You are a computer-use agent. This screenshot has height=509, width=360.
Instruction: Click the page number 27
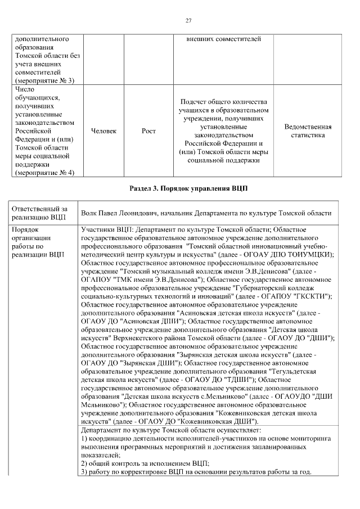(x=189, y=21)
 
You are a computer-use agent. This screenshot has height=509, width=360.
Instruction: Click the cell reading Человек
(x=103, y=131)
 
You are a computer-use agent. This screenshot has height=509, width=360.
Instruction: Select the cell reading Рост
(x=148, y=131)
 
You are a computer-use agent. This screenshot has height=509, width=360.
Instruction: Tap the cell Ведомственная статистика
(x=308, y=131)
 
